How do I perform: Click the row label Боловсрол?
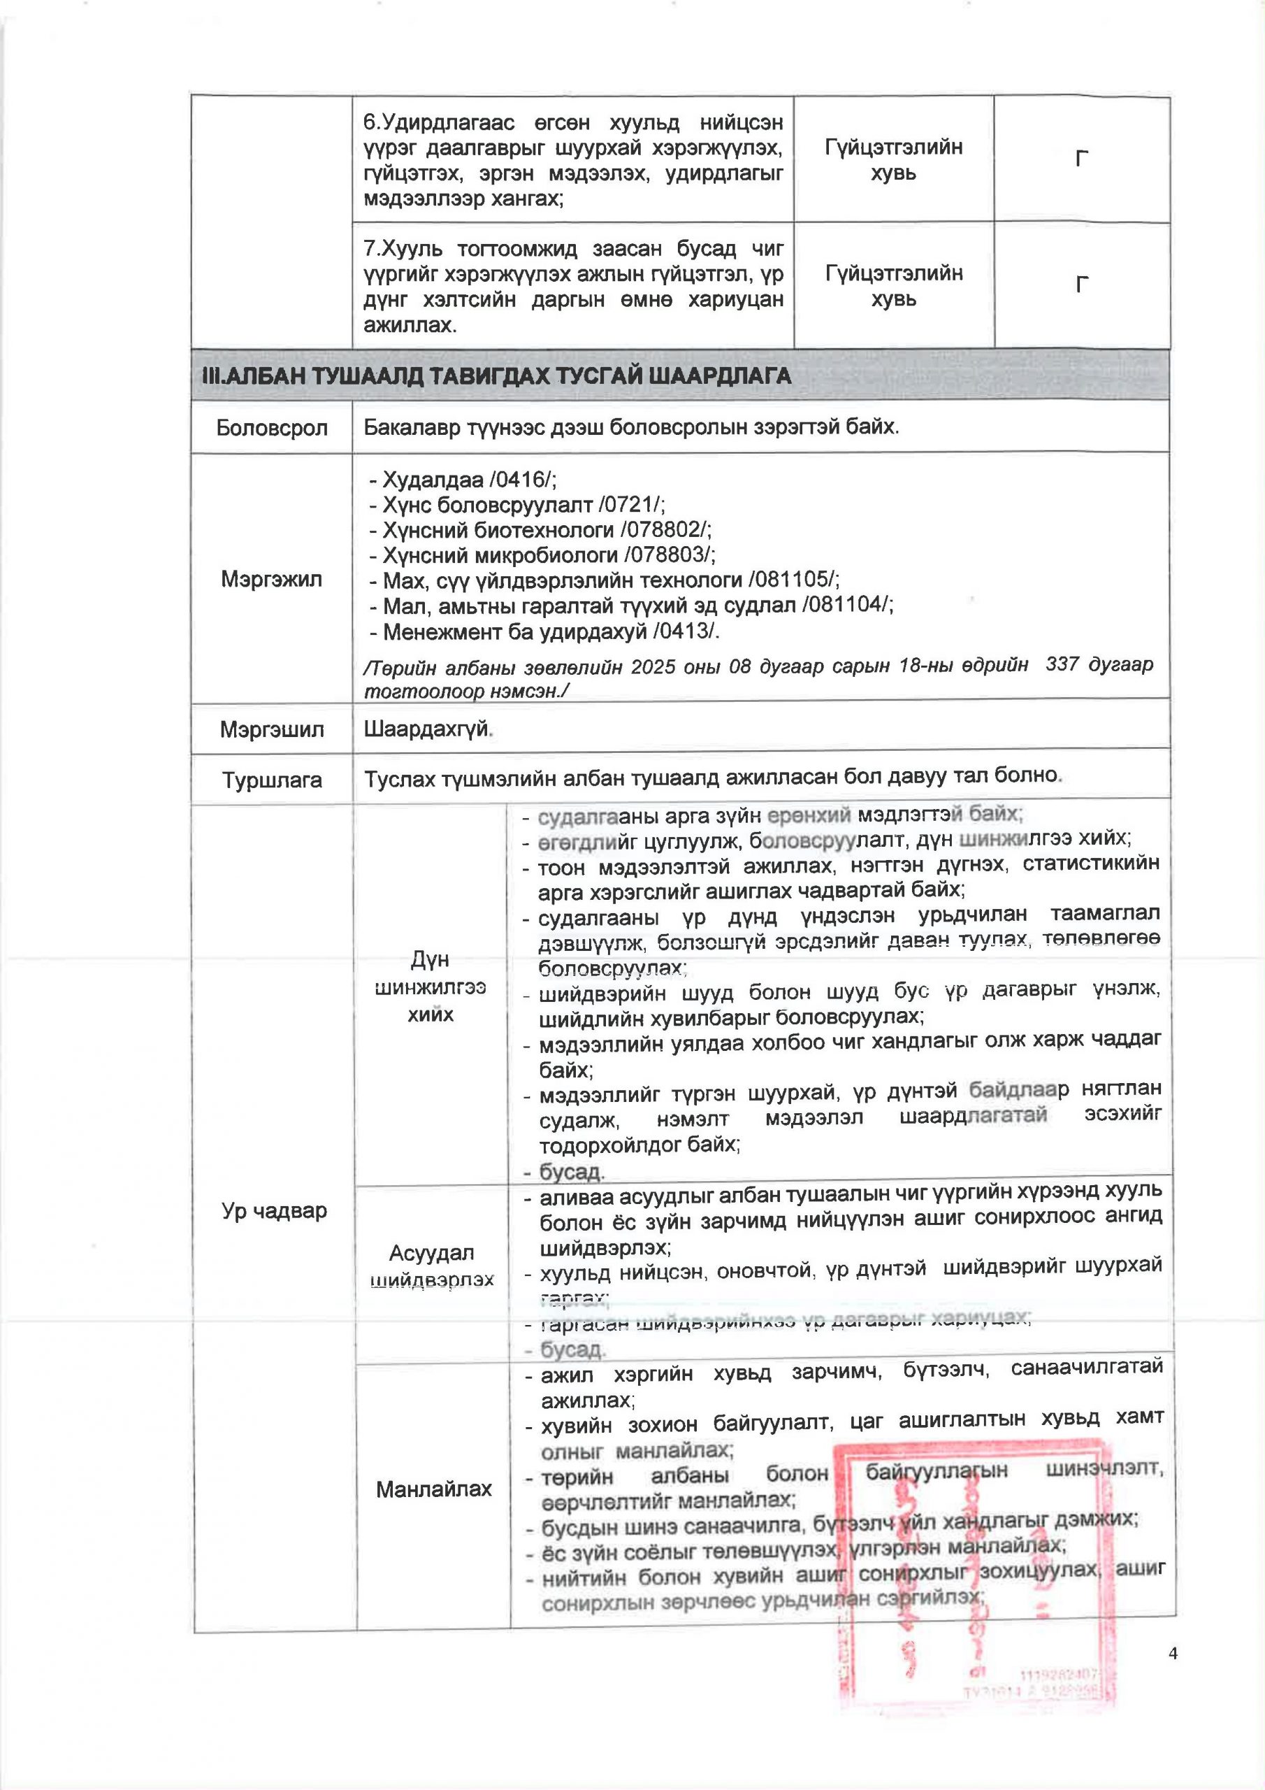click(272, 428)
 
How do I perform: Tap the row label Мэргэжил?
click(271, 579)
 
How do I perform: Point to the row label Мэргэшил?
click(271, 730)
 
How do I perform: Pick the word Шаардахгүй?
click(427, 730)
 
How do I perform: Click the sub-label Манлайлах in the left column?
click(433, 1489)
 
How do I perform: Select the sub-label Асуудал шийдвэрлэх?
click(432, 1266)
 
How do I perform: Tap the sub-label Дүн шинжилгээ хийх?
click(431, 987)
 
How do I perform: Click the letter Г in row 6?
click(1081, 159)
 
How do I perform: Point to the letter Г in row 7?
click(1081, 285)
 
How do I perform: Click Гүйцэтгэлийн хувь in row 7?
click(893, 285)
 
